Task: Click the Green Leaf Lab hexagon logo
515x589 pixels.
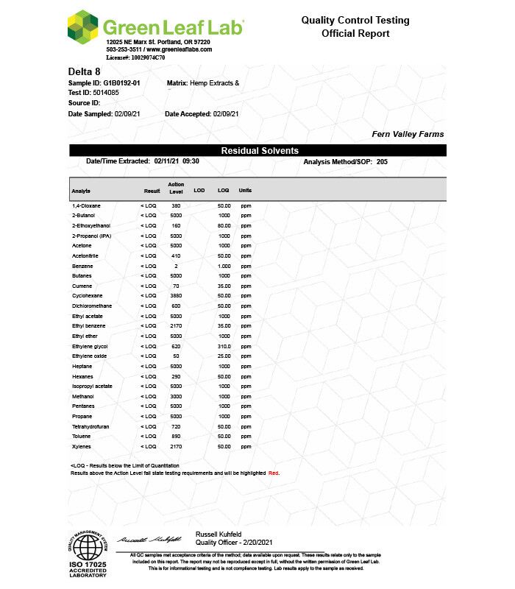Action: [x=82, y=27]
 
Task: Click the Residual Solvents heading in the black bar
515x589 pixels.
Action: [x=260, y=150]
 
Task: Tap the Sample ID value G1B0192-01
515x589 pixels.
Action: [x=122, y=83]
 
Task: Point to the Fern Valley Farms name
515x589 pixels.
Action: [x=408, y=134]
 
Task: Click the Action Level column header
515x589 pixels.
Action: [x=176, y=187]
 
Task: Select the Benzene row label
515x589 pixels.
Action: [x=82, y=265]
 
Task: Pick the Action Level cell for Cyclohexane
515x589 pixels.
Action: [x=176, y=295]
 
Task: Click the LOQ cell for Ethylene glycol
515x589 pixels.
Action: [x=224, y=345]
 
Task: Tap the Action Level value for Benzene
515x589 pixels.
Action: [x=176, y=265]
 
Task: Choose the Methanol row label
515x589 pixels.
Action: [x=83, y=396]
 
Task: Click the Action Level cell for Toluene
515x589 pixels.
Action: [x=176, y=436]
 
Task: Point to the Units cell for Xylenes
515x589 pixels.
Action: [x=245, y=446]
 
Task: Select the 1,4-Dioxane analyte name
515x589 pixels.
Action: [x=86, y=205]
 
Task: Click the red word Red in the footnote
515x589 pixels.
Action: [x=274, y=473]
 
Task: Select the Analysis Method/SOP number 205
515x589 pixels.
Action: [x=382, y=161]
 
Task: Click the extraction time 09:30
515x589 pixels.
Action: [x=191, y=161]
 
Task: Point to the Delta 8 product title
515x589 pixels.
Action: [x=84, y=71]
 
